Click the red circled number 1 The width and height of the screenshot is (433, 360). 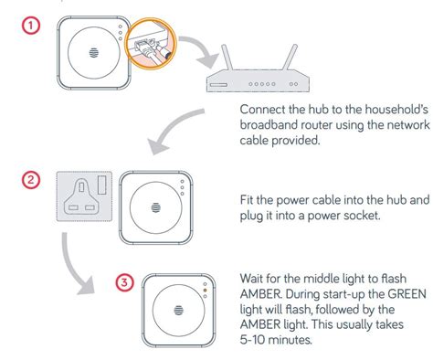30,26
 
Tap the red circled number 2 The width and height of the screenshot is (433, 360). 31,180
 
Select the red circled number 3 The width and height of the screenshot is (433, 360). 124,282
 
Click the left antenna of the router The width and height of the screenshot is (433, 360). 227,58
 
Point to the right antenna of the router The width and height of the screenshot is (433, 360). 290,58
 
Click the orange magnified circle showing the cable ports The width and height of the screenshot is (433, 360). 151,44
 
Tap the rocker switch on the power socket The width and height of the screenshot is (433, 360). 102,185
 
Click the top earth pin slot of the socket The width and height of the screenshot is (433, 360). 81,186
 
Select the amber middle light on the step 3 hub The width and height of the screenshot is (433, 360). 205,291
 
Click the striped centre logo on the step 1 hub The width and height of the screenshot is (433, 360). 94,53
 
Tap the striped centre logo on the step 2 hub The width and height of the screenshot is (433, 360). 156,207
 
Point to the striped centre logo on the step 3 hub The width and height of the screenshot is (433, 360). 179,311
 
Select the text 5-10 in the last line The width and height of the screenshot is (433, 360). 253,340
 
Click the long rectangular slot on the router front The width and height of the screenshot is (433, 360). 217,84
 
